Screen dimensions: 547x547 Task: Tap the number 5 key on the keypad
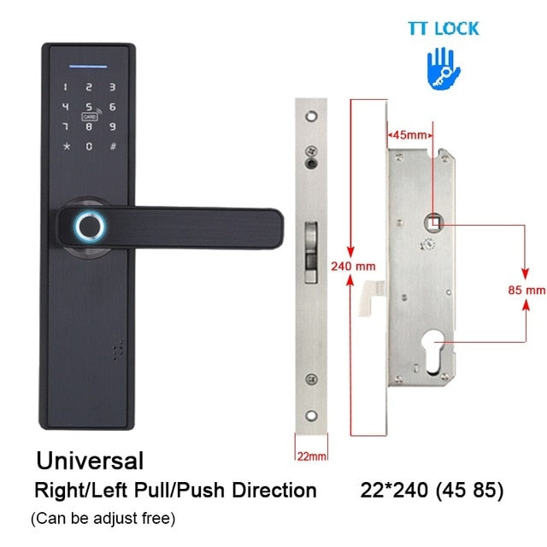point(89,108)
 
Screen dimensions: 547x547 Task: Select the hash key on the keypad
point(112,146)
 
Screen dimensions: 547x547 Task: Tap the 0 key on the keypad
point(89,146)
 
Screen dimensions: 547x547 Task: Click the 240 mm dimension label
point(353,266)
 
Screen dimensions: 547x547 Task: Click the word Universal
point(90,461)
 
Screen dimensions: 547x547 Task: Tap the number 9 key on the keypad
point(112,126)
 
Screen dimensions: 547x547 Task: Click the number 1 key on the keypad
point(66,86)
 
